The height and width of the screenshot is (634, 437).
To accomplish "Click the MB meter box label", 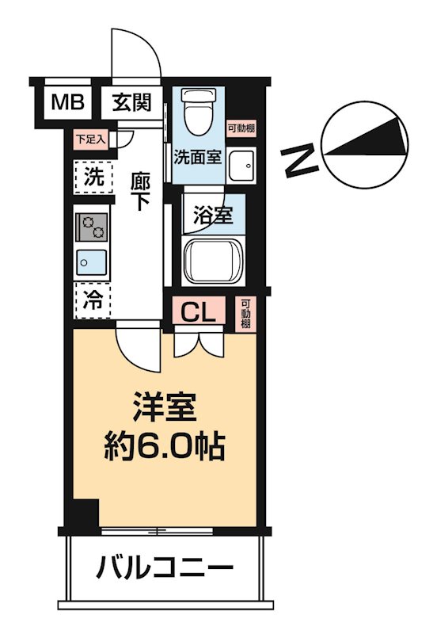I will pyautogui.click(x=66, y=102).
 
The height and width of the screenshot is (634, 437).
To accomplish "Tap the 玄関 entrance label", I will pyautogui.click(x=131, y=102).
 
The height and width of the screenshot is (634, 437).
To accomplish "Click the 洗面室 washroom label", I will pyautogui.click(x=197, y=156).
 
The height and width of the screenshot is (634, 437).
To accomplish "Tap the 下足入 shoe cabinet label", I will pyautogui.click(x=89, y=139).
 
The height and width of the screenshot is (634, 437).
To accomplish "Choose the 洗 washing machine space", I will pyautogui.click(x=93, y=178).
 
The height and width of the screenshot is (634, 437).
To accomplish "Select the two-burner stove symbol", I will pyautogui.click(x=93, y=228).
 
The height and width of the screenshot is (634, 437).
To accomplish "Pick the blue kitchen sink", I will pyautogui.click(x=93, y=260).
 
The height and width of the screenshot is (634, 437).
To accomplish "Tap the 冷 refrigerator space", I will pyautogui.click(x=93, y=300).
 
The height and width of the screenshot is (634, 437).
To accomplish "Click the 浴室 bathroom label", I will pyautogui.click(x=213, y=214).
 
